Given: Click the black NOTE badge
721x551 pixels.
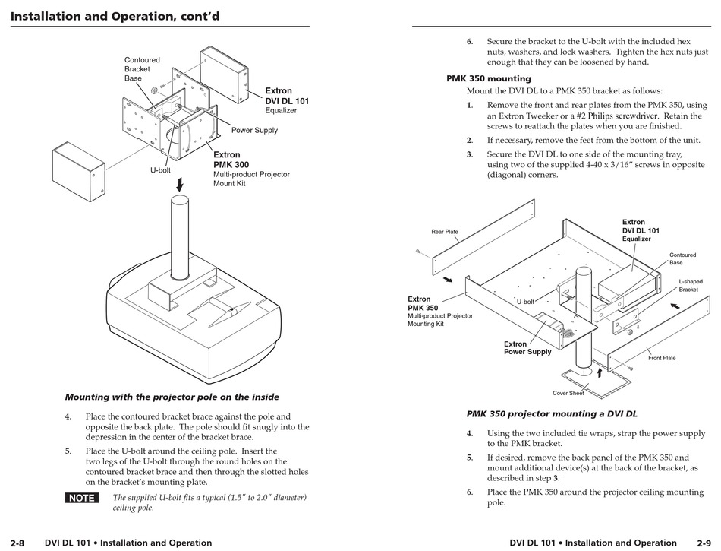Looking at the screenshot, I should tap(82, 499).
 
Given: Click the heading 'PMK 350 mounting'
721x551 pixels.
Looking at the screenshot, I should tap(488, 78).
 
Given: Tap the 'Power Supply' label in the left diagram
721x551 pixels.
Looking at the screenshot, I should tap(254, 130).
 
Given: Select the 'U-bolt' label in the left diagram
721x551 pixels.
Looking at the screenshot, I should tap(160, 170).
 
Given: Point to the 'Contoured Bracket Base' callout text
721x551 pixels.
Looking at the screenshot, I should tap(142, 69).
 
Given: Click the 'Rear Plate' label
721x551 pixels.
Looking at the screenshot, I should tap(445, 232).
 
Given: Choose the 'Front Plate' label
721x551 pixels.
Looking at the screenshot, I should tap(662, 358).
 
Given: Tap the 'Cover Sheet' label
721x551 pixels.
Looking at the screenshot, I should tap(568, 393).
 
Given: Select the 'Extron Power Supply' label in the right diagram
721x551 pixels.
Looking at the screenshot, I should tap(527, 348).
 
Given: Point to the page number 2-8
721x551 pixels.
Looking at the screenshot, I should tap(17, 543).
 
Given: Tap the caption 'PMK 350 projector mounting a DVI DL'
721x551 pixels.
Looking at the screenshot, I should tap(552, 414).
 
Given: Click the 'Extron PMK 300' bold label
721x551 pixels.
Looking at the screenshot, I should tap(231, 159).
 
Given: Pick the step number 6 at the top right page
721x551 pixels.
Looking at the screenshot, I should tap(469, 42).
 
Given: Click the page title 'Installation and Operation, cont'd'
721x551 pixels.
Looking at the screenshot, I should tap(115, 16).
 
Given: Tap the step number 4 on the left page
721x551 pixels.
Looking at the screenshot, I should tap(68, 416).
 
